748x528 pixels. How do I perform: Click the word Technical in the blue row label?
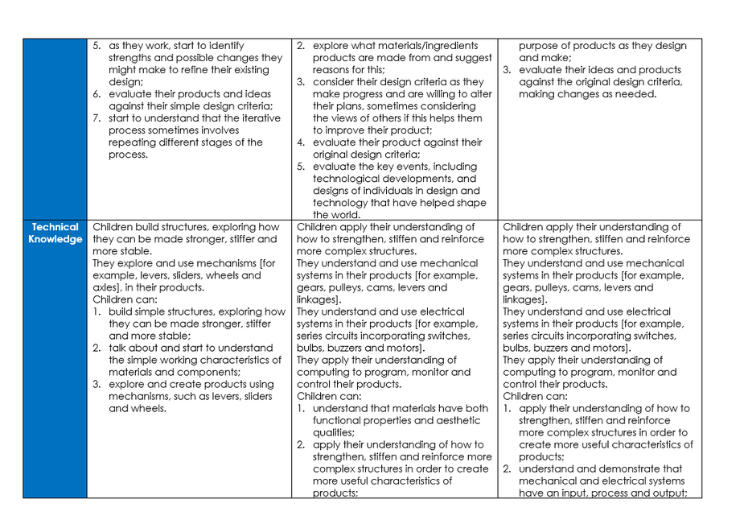coord(55,227)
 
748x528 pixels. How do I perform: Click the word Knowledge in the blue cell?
coord(55,239)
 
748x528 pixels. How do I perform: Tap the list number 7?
coord(97,118)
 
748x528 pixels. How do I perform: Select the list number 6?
coord(97,94)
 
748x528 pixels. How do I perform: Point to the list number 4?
coord(300,142)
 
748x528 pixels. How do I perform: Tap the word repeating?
coord(134,142)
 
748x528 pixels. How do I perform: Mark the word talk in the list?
coord(119,348)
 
